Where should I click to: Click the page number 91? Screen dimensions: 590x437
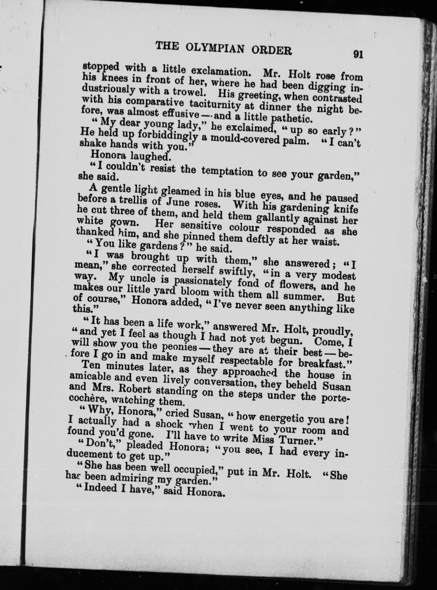(x=358, y=54)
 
